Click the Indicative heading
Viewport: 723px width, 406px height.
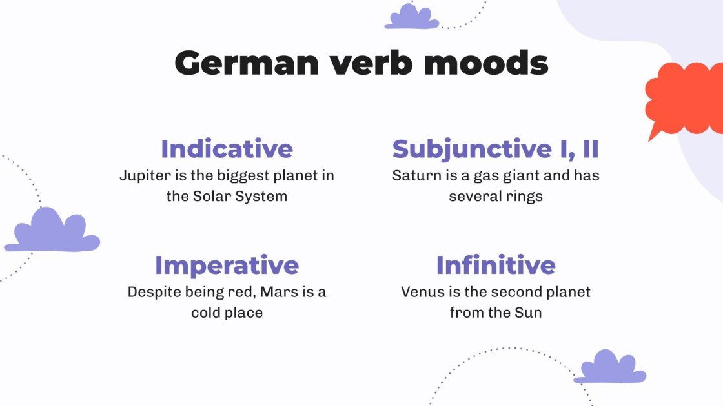click(x=227, y=149)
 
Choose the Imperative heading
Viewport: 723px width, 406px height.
click(x=227, y=265)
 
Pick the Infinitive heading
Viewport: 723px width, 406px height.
click(x=495, y=265)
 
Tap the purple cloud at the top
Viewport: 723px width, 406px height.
click(x=412, y=17)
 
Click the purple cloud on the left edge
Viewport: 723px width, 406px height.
click(x=53, y=232)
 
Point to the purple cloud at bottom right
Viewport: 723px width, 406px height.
click(x=609, y=368)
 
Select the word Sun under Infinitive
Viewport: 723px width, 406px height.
click(x=528, y=313)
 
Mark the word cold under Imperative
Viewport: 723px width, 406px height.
click(x=206, y=313)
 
